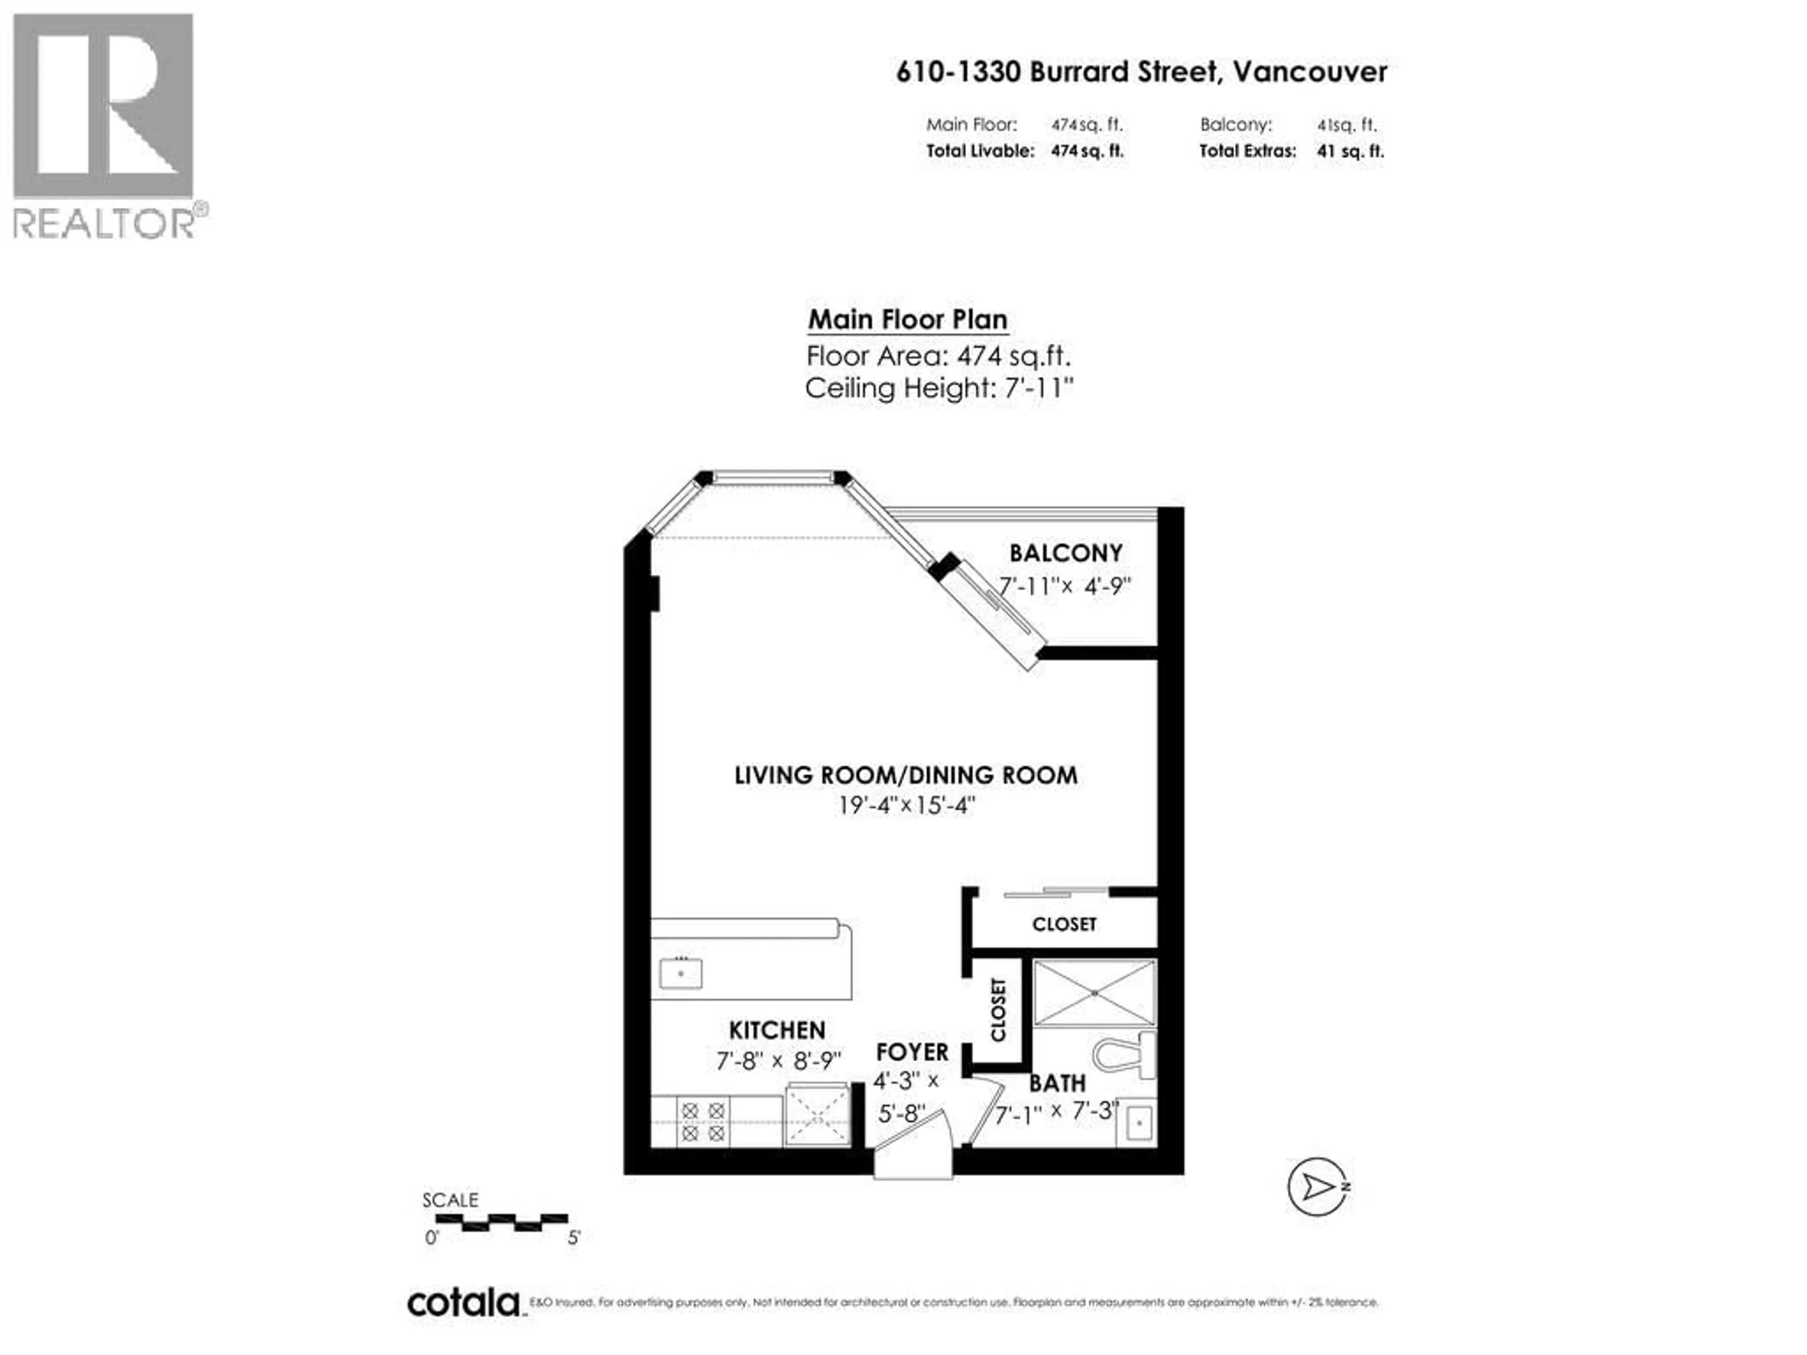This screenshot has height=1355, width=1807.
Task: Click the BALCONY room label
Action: [x=1065, y=553]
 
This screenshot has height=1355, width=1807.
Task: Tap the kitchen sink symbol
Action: [x=680, y=973]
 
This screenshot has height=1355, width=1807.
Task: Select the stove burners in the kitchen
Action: [x=703, y=1122]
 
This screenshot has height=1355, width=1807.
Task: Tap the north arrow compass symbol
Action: [x=1317, y=1187]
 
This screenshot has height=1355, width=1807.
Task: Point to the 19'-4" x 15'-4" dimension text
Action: [x=906, y=806]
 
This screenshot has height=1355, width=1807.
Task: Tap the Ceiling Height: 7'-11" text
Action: [x=939, y=388]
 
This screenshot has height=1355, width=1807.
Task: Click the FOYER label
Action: [x=911, y=1052]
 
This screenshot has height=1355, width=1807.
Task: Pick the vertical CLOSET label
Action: [x=998, y=1010]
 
